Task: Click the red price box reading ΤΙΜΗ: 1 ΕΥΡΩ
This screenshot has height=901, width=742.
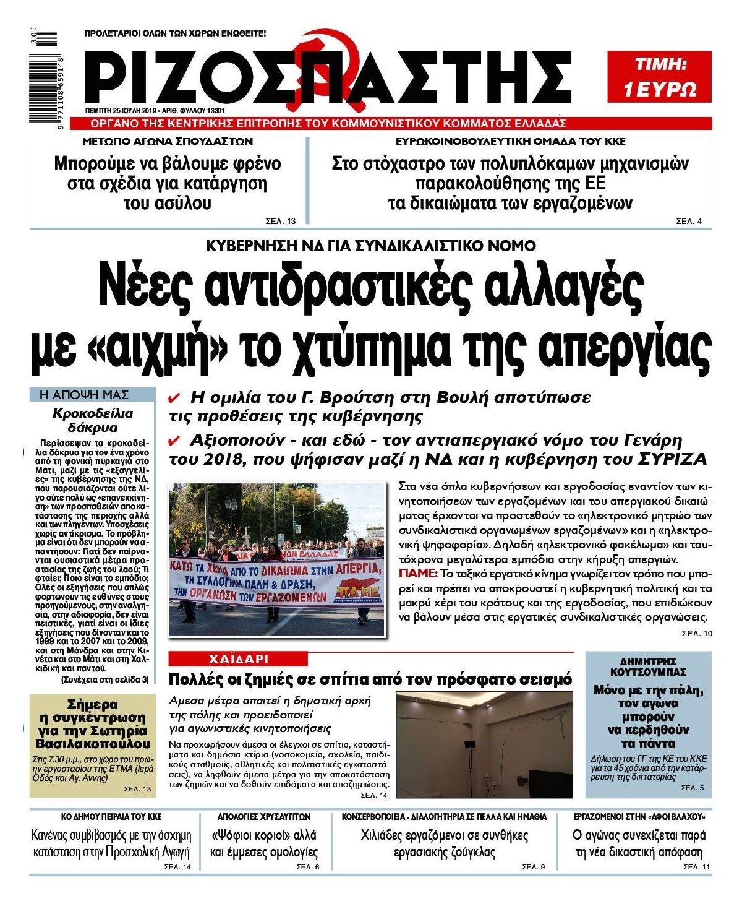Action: tap(659, 77)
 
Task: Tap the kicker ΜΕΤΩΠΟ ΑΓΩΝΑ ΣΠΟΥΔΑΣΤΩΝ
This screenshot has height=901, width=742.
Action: tap(168, 141)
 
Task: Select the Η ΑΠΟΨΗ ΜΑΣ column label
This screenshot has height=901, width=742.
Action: tap(83, 394)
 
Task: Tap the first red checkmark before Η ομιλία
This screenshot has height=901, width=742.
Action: tap(174, 397)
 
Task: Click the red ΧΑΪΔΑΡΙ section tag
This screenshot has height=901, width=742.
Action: tap(238, 658)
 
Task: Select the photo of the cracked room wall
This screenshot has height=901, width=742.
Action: tap(484, 744)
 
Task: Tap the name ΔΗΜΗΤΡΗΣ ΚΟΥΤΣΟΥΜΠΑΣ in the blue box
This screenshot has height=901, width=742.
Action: tap(648, 666)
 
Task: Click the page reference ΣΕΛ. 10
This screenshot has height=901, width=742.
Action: tap(696, 634)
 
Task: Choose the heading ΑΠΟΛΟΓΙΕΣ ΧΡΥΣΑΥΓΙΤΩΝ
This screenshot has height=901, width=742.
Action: tap(264, 816)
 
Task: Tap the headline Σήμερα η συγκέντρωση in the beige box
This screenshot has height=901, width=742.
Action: tap(93, 724)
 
